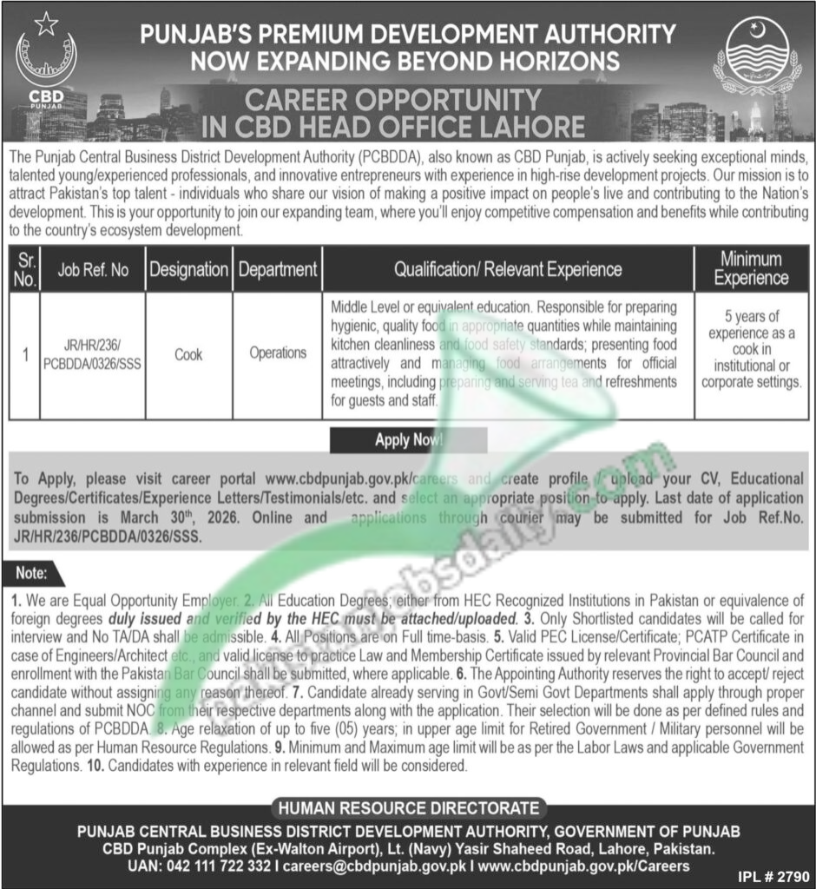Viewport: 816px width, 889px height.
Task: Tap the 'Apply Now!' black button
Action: [x=408, y=440]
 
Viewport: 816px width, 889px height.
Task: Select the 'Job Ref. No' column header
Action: [x=94, y=270]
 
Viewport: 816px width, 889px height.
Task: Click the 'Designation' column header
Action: [x=188, y=270]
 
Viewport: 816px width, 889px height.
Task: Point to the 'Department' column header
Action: [x=278, y=270]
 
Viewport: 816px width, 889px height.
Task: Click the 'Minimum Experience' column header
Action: [x=751, y=269]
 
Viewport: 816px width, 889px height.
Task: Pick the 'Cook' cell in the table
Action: [x=188, y=354]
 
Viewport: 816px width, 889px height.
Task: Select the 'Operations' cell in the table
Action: [x=278, y=353]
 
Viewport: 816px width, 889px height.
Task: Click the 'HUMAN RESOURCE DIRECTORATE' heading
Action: [x=408, y=808]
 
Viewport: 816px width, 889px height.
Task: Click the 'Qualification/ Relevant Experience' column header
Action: [x=508, y=270]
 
